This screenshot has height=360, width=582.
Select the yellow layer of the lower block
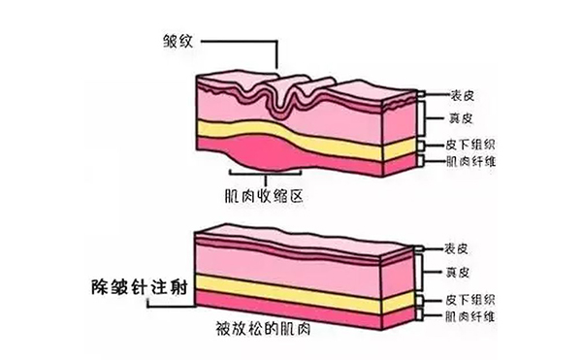coord(291,292)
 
